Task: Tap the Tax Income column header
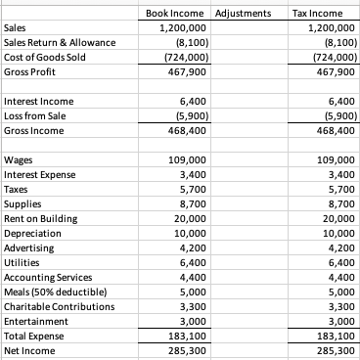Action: click(x=314, y=14)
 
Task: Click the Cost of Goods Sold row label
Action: click(x=45, y=57)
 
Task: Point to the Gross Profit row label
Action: click(x=31, y=72)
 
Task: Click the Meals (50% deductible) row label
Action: click(x=54, y=292)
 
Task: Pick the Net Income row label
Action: click(x=29, y=349)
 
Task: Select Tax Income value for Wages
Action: click(x=330, y=159)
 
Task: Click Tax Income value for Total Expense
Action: click(x=330, y=336)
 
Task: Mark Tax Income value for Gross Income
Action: click(x=330, y=131)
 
